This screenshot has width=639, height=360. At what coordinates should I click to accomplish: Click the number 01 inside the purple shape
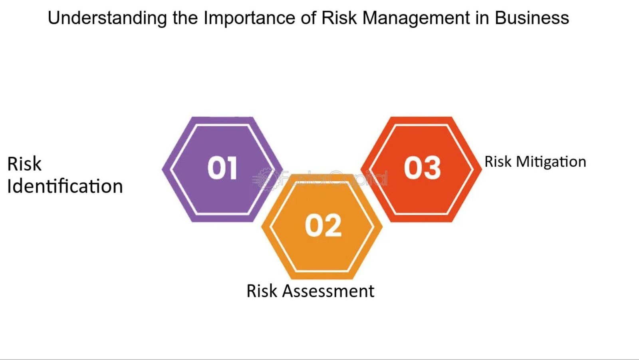coord(222,168)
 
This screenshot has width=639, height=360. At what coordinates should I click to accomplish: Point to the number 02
coord(323,226)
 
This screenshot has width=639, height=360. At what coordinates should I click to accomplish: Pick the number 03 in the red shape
coord(422,168)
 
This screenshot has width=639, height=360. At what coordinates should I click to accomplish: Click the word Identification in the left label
coord(65,186)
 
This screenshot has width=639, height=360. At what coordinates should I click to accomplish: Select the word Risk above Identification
coord(24,164)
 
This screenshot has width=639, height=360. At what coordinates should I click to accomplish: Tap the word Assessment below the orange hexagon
coord(328,291)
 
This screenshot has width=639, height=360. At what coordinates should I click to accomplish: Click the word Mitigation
coord(551,162)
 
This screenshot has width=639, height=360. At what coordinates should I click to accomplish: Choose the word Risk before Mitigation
coord(498,162)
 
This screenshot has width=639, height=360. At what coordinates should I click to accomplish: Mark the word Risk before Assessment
coord(262,291)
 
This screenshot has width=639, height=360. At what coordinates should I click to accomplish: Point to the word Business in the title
coord(532,18)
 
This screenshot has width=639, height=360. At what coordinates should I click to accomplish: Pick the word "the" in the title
coord(186,18)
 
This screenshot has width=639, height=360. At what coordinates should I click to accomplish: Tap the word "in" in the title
coord(482,18)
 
